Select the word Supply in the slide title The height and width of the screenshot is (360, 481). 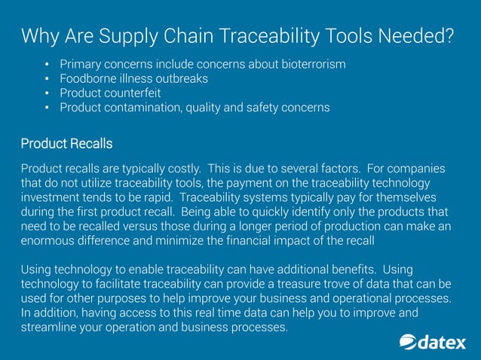[x=131, y=35]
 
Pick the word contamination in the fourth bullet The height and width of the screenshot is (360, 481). [x=142, y=108]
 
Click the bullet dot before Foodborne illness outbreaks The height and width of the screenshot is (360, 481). [x=47, y=79]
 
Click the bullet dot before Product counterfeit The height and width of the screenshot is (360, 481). [x=47, y=93]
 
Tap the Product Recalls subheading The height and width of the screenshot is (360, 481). [x=66, y=143]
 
